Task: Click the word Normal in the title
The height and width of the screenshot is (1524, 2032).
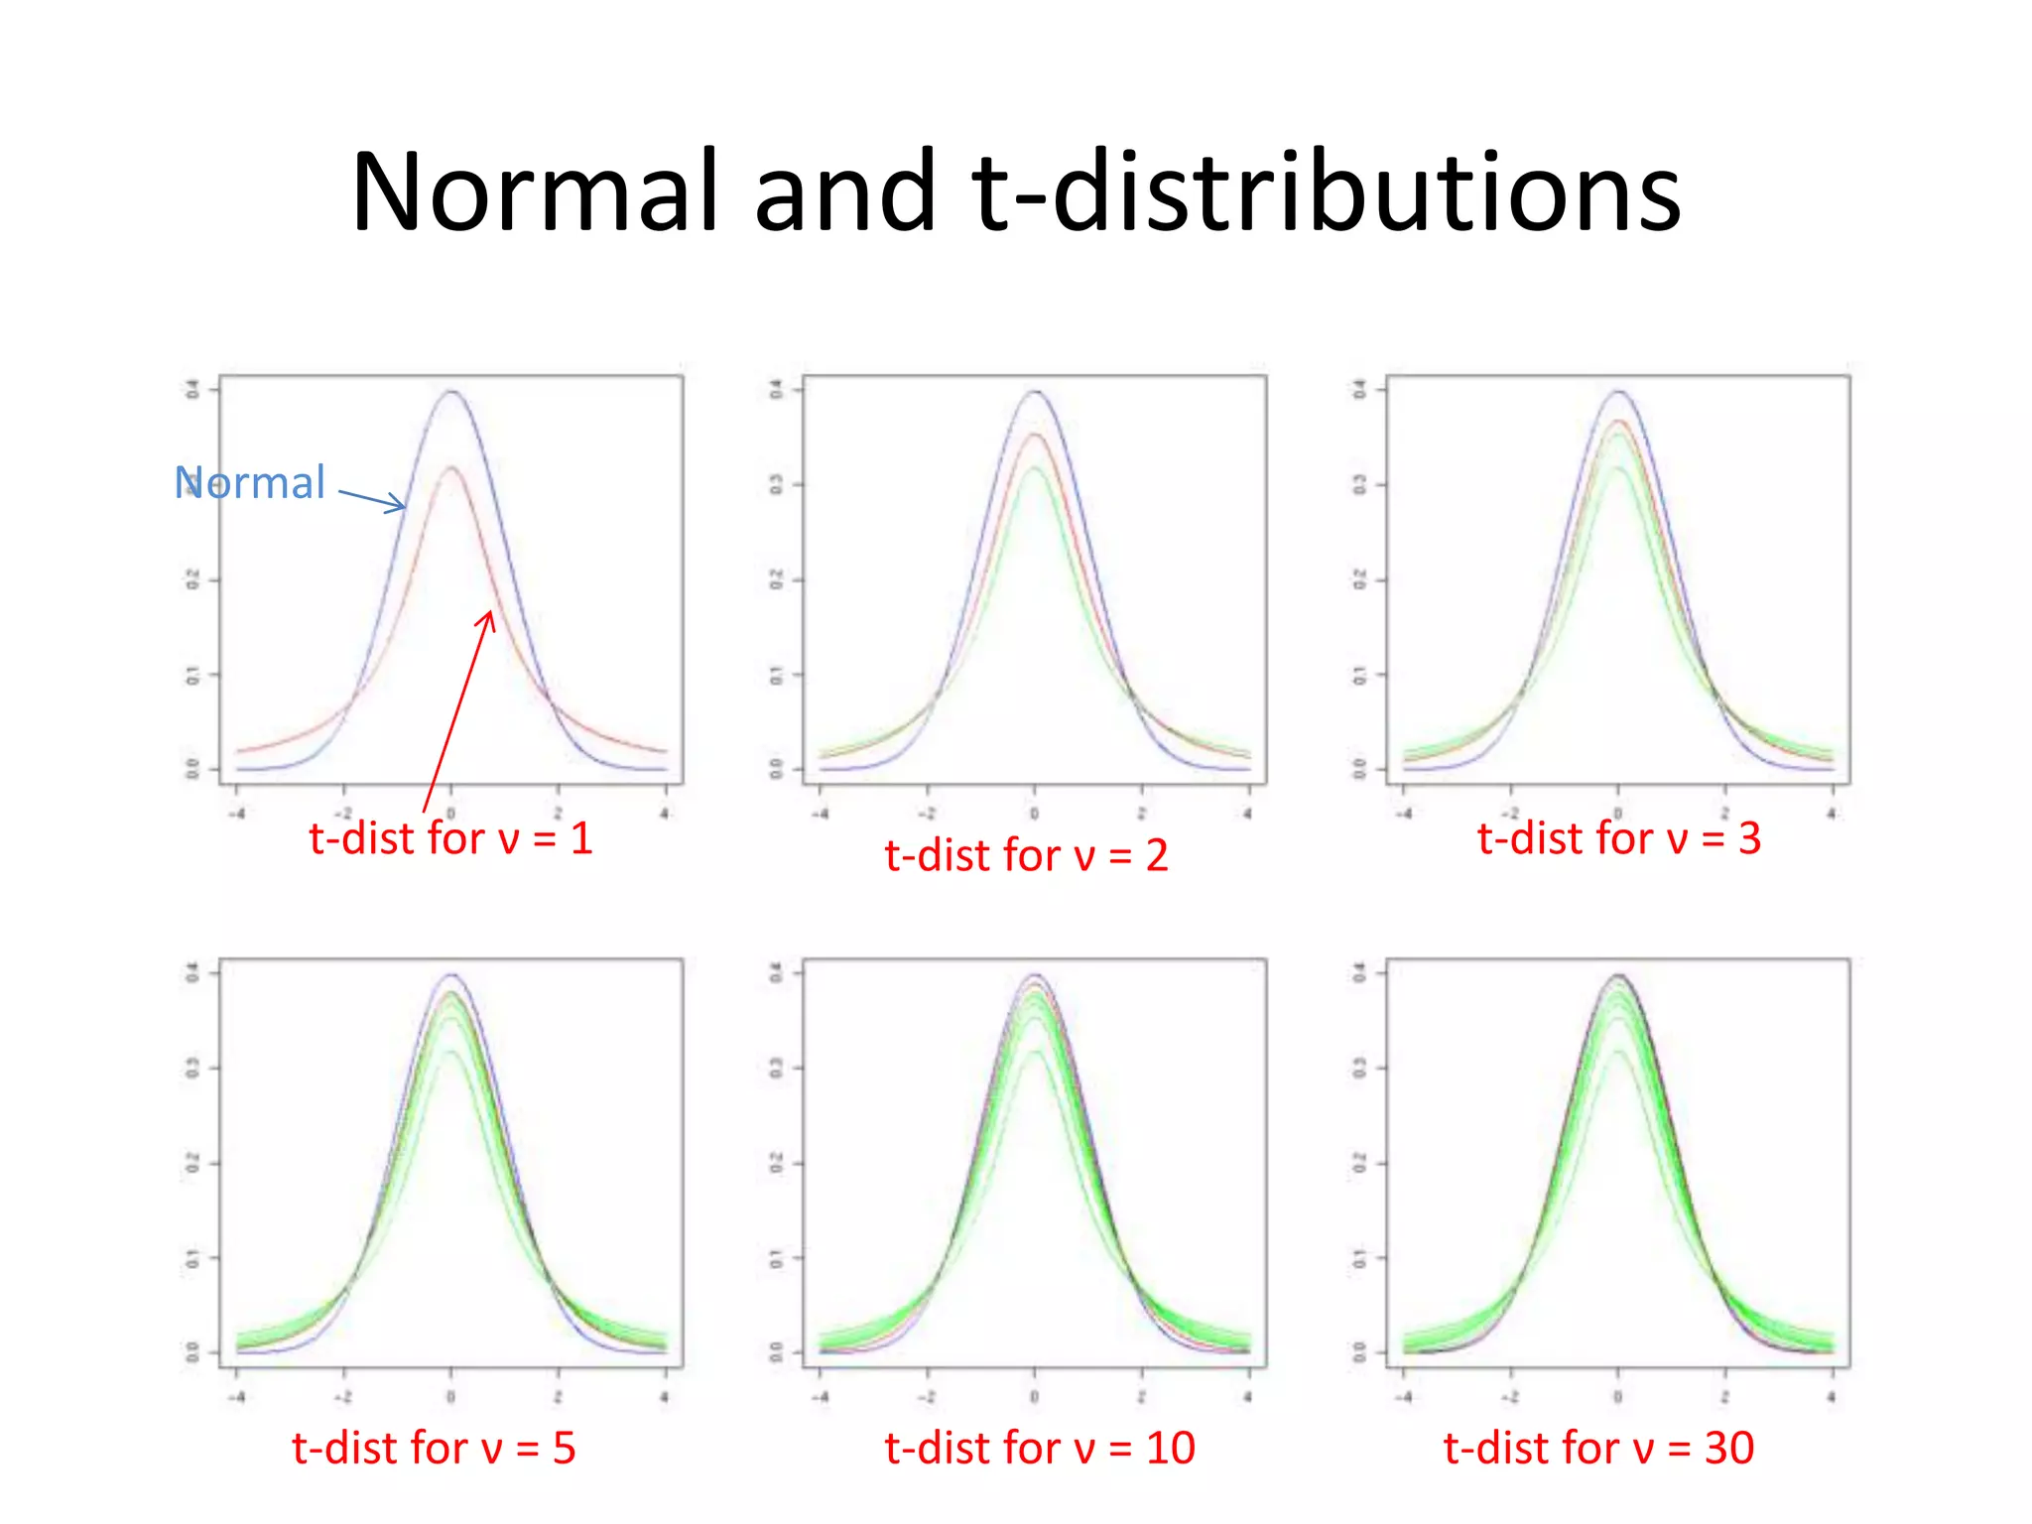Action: click(x=534, y=191)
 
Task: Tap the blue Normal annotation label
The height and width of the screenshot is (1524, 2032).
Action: click(x=250, y=483)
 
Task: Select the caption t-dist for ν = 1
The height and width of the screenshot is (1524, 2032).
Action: click(x=450, y=838)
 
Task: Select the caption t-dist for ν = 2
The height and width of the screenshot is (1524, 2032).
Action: click(x=1026, y=855)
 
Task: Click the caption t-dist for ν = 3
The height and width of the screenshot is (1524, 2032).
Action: click(x=1618, y=838)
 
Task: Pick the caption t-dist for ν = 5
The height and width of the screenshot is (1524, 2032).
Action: click(x=434, y=1449)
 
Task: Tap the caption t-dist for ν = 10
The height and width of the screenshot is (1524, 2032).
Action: click(x=1039, y=1449)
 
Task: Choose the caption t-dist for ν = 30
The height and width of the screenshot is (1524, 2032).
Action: click(x=1598, y=1449)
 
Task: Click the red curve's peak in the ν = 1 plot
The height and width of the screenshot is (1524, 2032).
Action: click(x=451, y=467)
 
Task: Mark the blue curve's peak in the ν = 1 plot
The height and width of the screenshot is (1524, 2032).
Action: click(x=451, y=391)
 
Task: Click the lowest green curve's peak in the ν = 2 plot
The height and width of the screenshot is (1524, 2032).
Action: click(x=1035, y=467)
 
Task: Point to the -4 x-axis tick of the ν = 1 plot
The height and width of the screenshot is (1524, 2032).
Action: click(x=236, y=814)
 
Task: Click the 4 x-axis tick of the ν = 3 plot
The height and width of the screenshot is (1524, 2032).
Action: click(x=1832, y=814)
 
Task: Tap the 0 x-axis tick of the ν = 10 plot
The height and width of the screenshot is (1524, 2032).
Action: click(x=1035, y=1397)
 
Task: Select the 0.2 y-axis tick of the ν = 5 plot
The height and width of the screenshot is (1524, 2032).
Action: click(x=193, y=1163)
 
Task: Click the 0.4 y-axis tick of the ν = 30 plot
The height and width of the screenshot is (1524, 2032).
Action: click(x=1360, y=973)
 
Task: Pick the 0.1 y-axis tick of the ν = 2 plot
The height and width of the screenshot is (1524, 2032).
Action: click(x=777, y=675)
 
